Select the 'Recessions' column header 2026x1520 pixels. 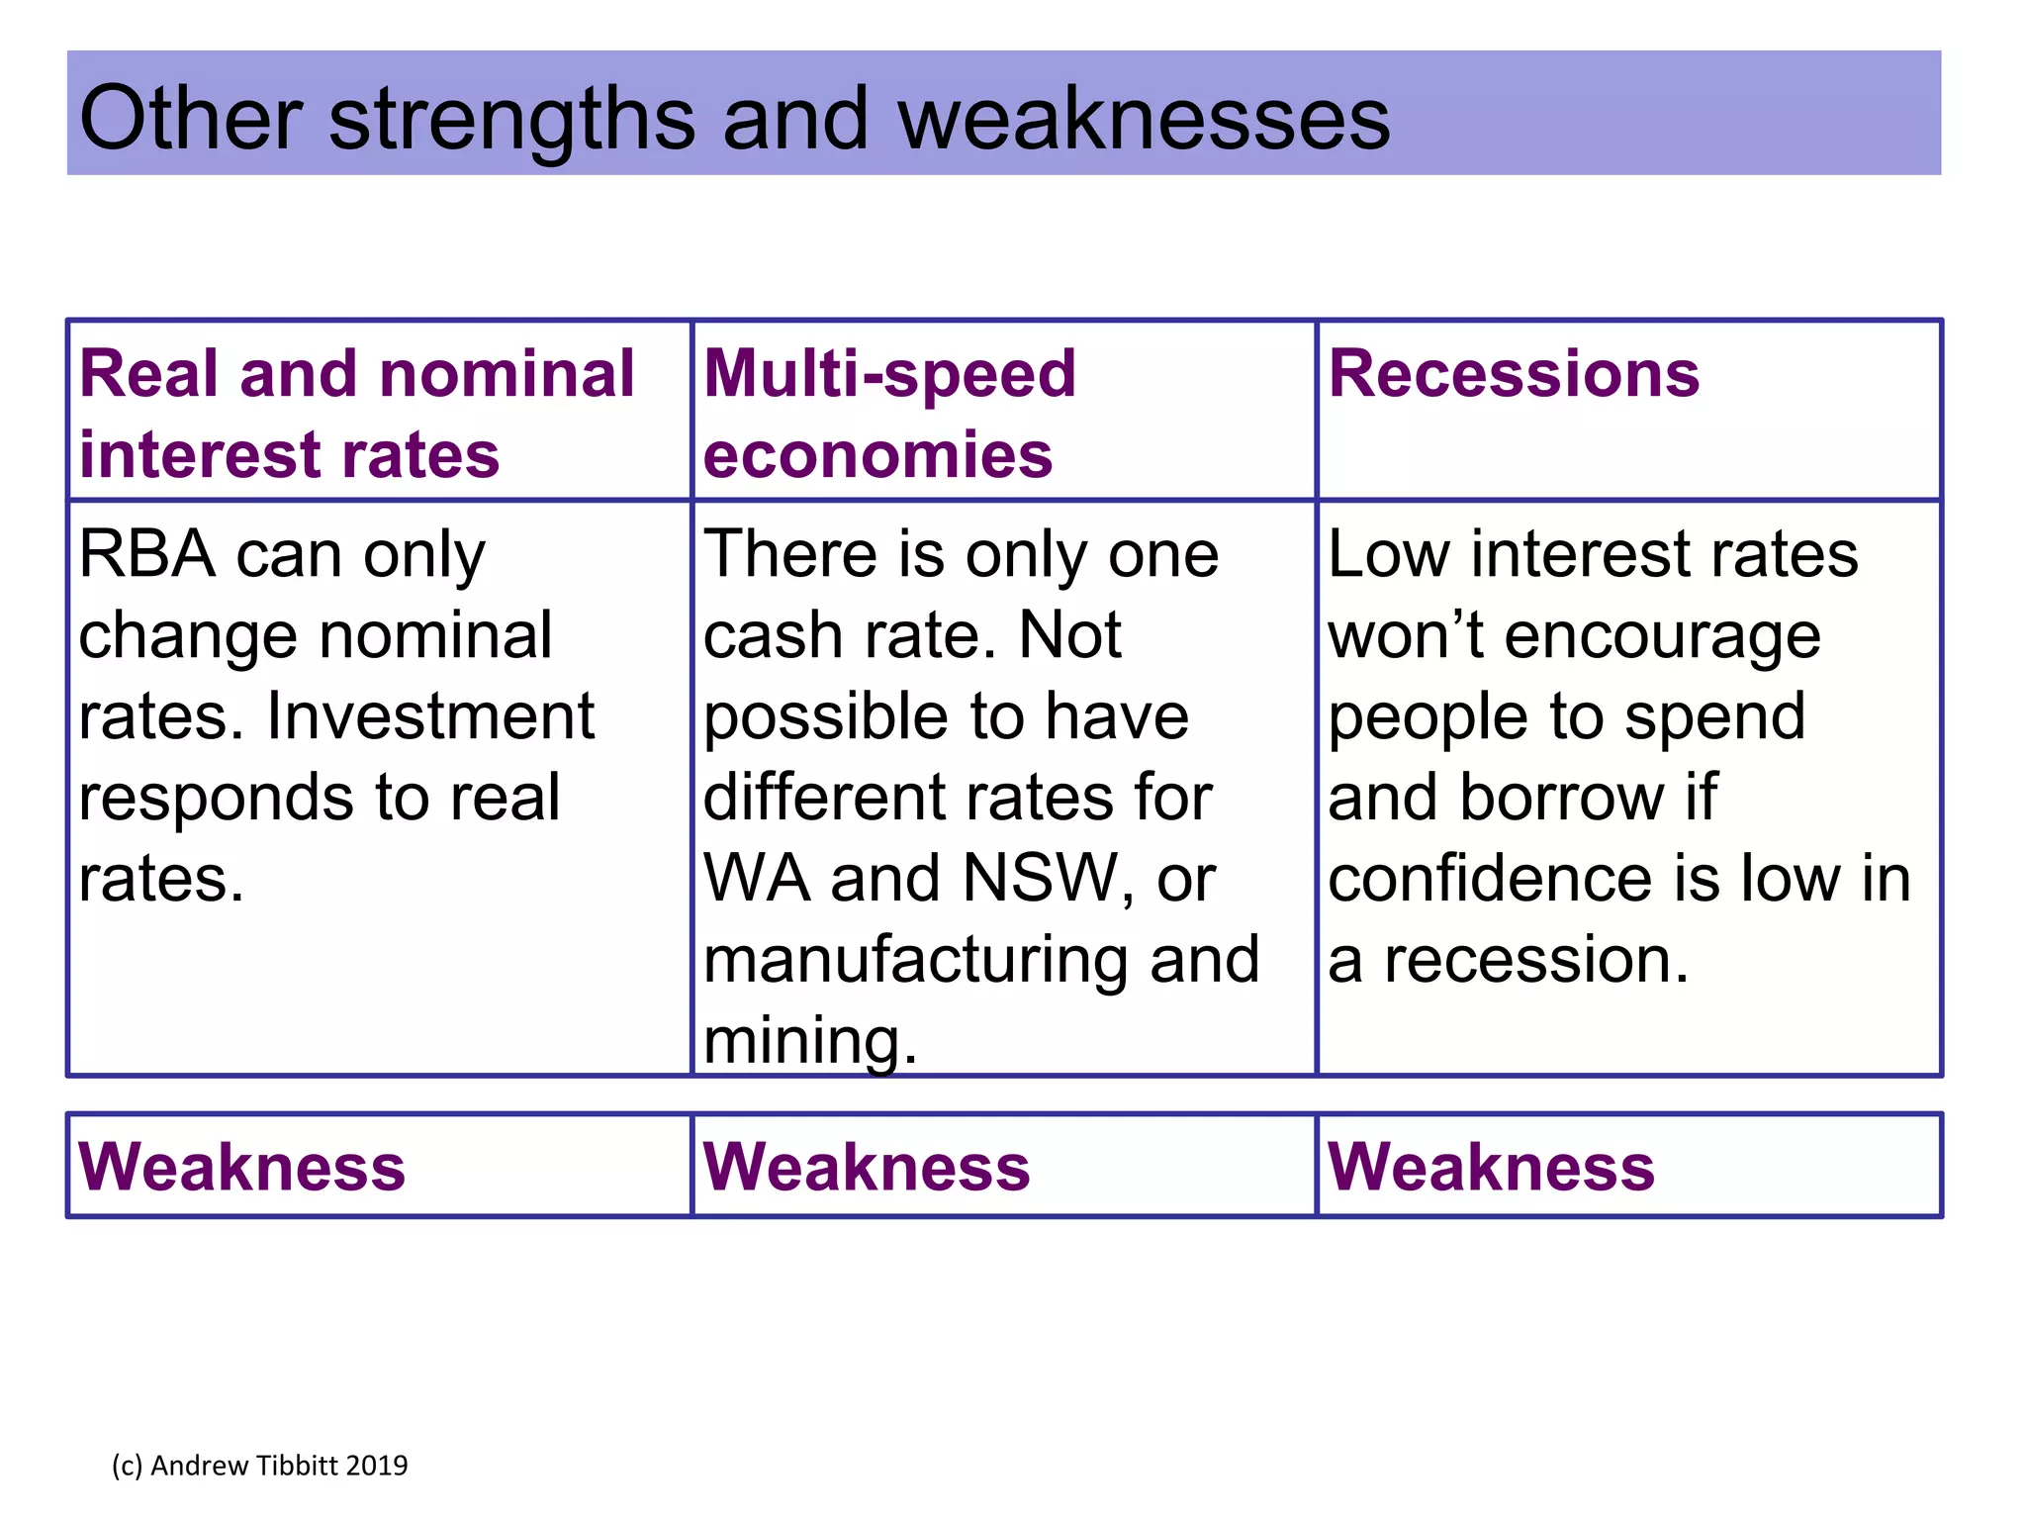pyautogui.click(x=1513, y=375)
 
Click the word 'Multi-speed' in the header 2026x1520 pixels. pyautogui.click(x=888, y=375)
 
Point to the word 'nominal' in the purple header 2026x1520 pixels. pyautogui.click(x=506, y=375)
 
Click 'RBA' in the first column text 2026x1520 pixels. pyautogui.click(x=146, y=554)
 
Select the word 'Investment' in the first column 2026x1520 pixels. pyautogui.click(x=430, y=716)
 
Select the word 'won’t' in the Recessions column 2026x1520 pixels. pyautogui.click(x=1406, y=635)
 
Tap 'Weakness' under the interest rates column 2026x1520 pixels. pyautogui.click(x=241, y=1168)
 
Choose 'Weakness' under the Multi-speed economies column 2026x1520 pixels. pyautogui.click(x=866, y=1168)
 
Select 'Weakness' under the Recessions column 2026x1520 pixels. pyautogui.click(x=1490, y=1168)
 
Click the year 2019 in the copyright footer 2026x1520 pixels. pyautogui.click(x=377, y=1466)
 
